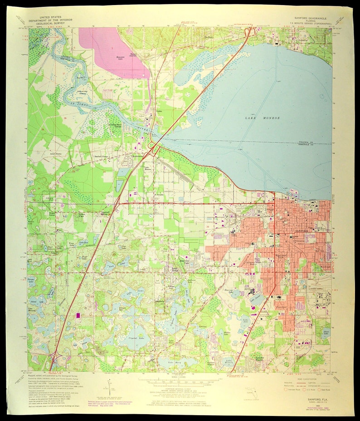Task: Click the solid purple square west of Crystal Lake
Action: point(78,314)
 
